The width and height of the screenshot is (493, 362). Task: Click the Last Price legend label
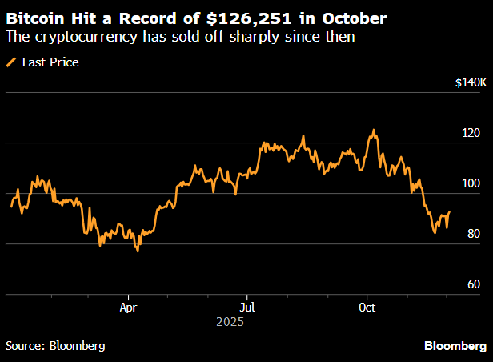click(50, 62)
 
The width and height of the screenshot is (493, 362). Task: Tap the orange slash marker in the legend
click(11, 62)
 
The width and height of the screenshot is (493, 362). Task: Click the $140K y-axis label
click(470, 82)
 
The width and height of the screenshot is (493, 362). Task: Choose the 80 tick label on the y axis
click(473, 234)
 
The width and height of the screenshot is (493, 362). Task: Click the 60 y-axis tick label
click(473, 284)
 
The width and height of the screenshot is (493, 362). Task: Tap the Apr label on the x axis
click(128, 307)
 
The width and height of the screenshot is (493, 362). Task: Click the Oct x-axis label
click(367, 307)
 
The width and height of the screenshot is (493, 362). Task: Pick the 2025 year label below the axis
click(230, 322)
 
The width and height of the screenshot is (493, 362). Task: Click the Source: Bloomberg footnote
click(55, 346)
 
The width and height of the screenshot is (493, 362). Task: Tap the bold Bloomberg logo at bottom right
click(454, 346)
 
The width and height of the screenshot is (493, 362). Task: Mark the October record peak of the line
click(373, 130)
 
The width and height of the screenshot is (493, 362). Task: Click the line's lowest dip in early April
click(138, 251)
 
